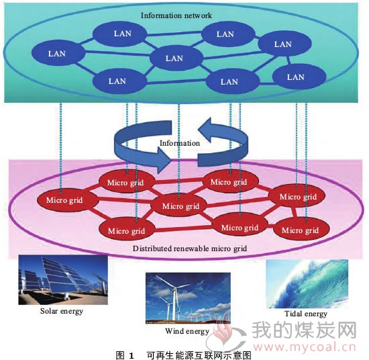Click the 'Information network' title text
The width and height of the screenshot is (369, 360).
176,15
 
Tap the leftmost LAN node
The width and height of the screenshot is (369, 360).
58,53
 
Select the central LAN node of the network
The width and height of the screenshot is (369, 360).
176,58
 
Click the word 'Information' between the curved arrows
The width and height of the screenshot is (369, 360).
180,143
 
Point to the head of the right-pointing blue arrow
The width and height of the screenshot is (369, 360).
164,161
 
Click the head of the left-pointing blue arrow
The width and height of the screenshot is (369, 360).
205,129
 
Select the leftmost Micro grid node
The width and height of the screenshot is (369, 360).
64,200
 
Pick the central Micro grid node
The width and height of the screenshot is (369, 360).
180,206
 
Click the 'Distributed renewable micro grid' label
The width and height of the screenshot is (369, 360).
190,249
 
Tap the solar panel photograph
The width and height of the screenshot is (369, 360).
63,279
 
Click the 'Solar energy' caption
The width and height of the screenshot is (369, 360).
62,311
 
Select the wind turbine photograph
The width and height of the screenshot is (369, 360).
188,298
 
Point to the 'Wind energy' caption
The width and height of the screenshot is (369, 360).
187,331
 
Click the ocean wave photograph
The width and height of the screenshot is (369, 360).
307,284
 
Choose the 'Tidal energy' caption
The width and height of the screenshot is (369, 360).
306,314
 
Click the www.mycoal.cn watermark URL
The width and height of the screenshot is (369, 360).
305,347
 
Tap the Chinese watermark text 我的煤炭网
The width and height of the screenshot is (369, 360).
305,330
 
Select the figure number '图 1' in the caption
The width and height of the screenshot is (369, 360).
125,355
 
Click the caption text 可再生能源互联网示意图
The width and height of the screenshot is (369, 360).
199,355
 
